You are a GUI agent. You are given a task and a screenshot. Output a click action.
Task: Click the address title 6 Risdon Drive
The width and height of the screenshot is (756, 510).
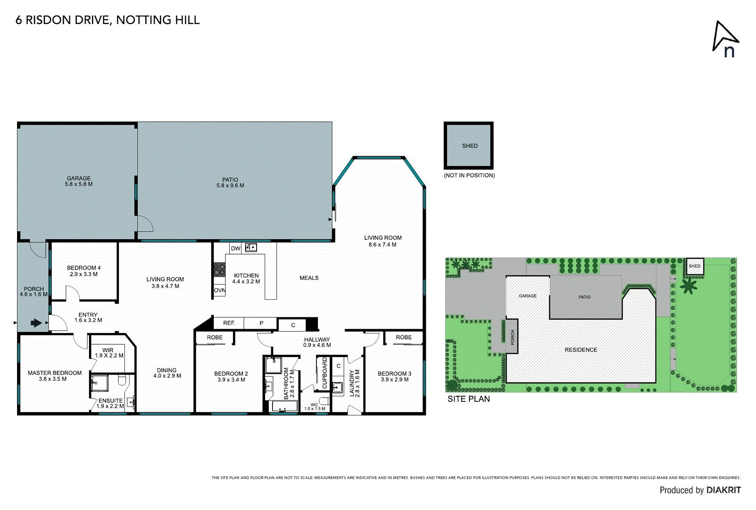click(108, 20)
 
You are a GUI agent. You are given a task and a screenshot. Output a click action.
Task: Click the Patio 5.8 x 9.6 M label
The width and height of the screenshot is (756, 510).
click(230, 183)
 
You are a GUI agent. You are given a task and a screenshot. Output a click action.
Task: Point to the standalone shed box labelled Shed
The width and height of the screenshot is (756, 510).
click(469, 145)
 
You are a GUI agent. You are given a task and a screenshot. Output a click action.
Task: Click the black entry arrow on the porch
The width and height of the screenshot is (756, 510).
click(36, 323)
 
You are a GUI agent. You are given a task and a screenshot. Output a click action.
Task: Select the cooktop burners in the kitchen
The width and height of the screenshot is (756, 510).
click(219, 270)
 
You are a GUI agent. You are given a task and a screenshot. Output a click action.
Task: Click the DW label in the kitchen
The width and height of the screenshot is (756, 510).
click(235, 248)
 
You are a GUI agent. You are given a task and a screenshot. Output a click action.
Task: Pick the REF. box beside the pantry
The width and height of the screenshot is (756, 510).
click(229, 323)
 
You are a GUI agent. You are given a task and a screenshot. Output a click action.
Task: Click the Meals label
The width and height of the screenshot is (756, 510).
click(309, 278)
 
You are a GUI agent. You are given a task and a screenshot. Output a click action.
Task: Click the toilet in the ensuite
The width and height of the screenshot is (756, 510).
click(122, 380)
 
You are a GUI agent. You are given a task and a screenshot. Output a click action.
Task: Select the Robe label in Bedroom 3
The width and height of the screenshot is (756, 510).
click(404, 337)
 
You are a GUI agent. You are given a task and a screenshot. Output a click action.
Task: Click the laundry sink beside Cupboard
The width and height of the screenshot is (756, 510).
click(337, 388)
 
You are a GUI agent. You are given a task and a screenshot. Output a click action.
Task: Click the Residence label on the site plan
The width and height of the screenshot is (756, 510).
click(581, 350)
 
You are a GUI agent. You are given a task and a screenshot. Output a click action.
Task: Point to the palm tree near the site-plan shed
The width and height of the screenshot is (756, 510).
click(689, 286)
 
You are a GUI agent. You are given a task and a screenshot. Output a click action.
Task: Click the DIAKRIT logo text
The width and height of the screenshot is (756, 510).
click(723, 490)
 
